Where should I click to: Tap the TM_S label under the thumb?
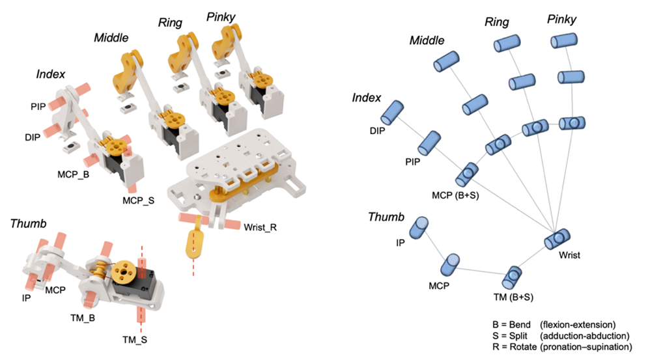pyautogui.click(x=138, y=339)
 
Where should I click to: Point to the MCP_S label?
pyautogui.click(x=137, y=200)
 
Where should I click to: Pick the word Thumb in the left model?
pyautogui.click(x=29, y=224)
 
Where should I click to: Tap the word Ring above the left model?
pyautogui.click(x=170, y=23)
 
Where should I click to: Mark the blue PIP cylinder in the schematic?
pyautogui.click(x=430, y=143)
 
